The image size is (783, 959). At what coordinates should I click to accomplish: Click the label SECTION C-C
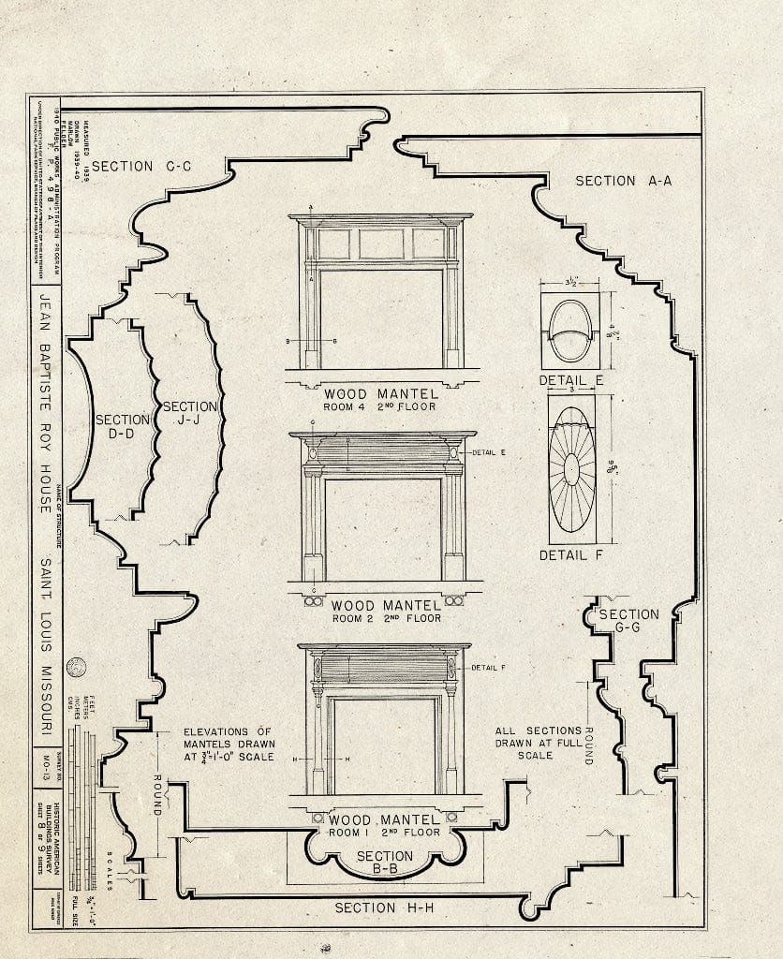[x=141, y=167]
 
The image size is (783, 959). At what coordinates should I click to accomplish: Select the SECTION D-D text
[x=122, y=428]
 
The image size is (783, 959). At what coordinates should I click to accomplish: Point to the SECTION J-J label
[x=190, y=414]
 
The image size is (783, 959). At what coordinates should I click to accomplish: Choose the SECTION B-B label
[x=384, y=863]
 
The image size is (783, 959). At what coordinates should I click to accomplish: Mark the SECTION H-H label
[x=377, y=907]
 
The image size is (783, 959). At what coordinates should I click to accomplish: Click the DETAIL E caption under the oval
[x=571, y=380]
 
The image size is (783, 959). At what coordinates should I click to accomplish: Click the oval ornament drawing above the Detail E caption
[x=570, y=331]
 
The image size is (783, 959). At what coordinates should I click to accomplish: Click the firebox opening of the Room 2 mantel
[x=384, y=529]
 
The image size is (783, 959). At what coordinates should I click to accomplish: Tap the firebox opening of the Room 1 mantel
[x=384, y=745]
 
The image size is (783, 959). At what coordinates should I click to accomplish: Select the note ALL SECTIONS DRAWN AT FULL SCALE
[x=541, y=743]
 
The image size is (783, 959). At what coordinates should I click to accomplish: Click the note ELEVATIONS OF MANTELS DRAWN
[x=228, y=744]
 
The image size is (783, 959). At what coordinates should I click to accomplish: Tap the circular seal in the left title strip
[x=76, y=667]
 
